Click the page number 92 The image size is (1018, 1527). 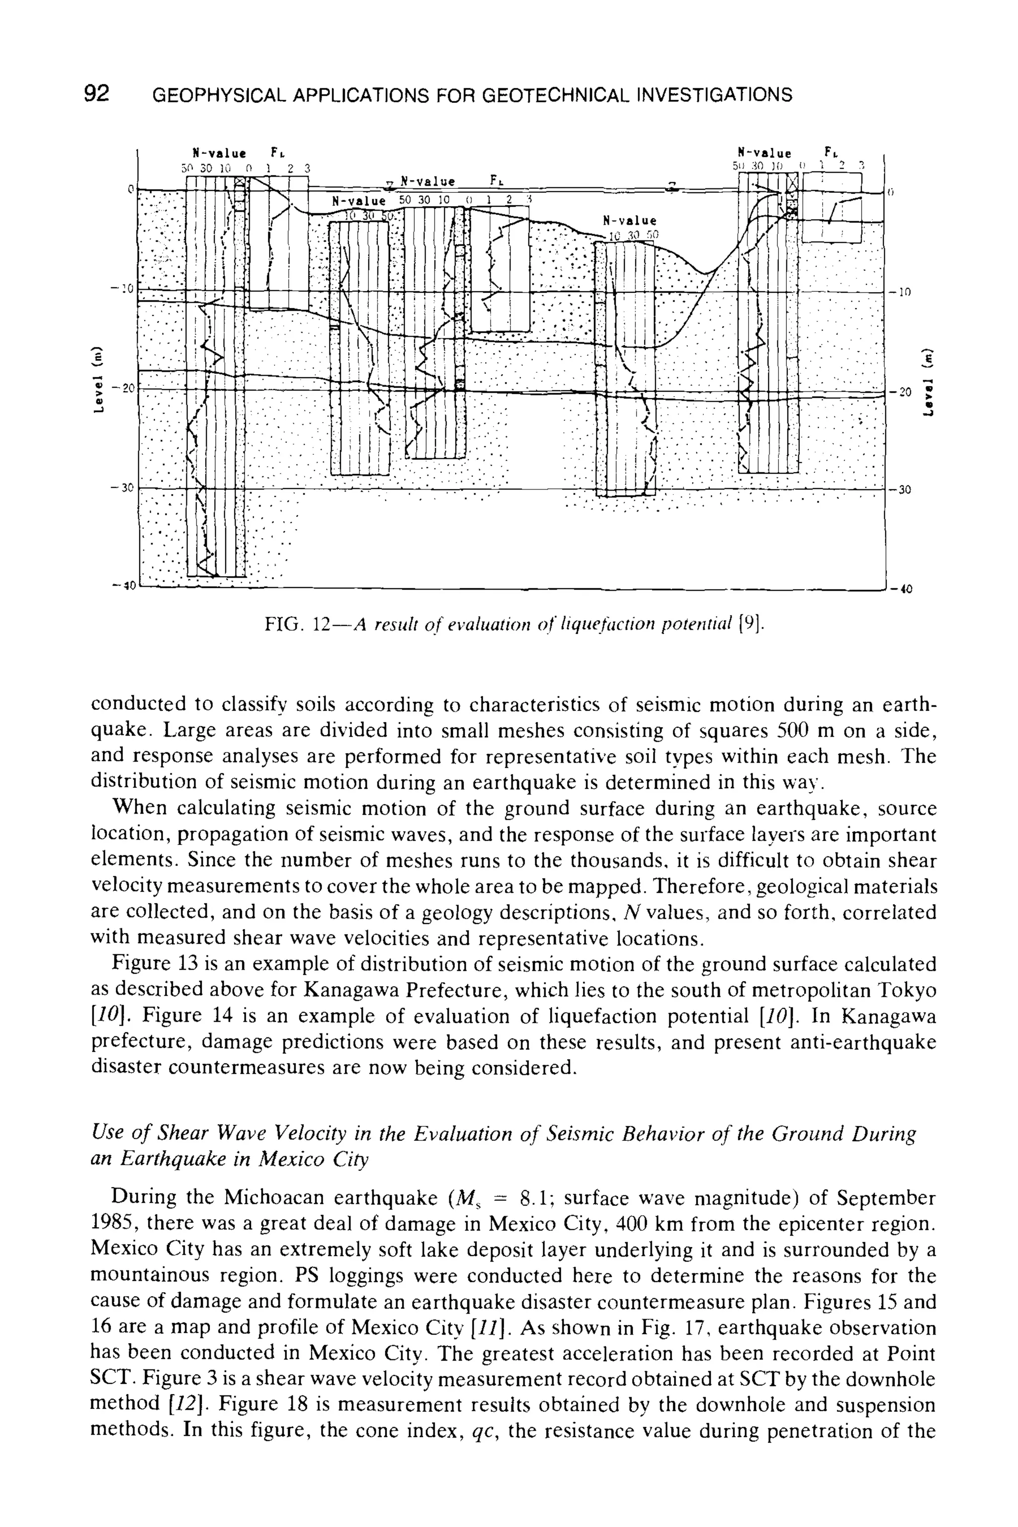click(x=97, y=95)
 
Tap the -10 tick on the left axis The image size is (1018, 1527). click(x=122, y=288)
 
